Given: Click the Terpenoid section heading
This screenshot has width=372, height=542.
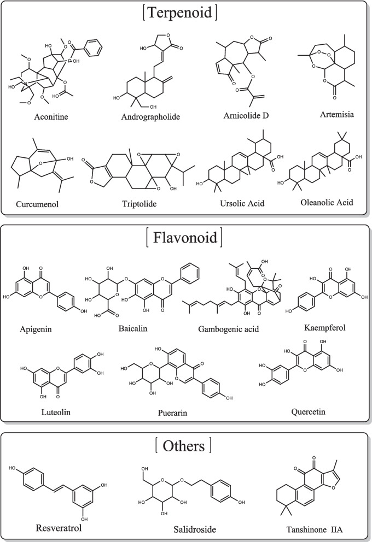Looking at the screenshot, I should (x=185, y=13).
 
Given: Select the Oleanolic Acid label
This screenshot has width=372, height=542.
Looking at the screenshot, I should (x=318, y=202).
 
